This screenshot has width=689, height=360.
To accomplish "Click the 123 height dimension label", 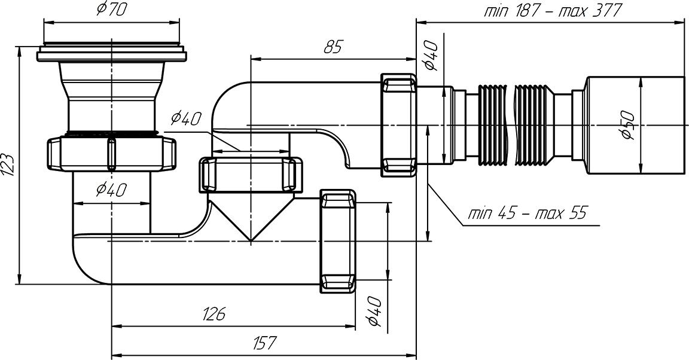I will click(8, 163).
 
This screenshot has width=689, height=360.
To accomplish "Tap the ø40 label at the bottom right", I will click(374, 312).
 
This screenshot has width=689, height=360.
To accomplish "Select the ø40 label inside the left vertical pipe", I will click(111, 190).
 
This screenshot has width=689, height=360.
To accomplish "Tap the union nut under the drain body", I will click(111, 154).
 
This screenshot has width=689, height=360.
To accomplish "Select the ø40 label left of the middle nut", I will click(185, 119).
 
